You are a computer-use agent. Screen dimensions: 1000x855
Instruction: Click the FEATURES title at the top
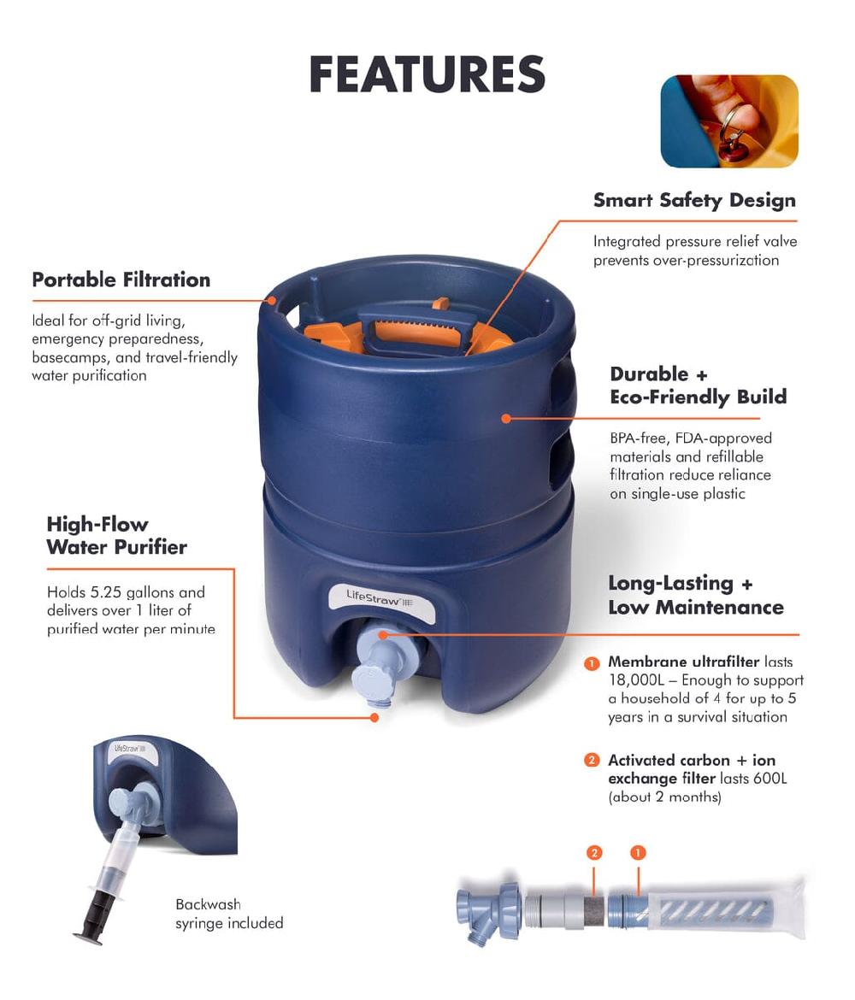point(427,74)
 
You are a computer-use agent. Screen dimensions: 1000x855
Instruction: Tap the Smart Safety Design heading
point(694,201)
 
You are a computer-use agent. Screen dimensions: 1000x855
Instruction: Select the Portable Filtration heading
point(121,279)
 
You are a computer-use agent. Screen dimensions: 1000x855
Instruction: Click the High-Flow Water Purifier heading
point(116,536)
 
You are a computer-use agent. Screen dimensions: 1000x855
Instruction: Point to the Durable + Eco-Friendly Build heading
point(698,385)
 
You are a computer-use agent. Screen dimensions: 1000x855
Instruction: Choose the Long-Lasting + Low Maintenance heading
point(695,595)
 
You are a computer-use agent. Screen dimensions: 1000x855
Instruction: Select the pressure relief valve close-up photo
point(728,121)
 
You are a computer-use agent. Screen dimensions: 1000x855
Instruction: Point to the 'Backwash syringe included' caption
point(229,914)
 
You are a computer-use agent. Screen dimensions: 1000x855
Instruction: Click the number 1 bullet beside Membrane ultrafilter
point(592,663)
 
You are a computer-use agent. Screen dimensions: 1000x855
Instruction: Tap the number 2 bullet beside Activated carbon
point(592,760)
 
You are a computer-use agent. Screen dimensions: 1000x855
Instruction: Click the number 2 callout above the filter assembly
point(595,852)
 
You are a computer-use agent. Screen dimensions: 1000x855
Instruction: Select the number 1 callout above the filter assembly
point(637,852)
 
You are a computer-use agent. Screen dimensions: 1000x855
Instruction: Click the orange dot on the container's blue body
point(506,419)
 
